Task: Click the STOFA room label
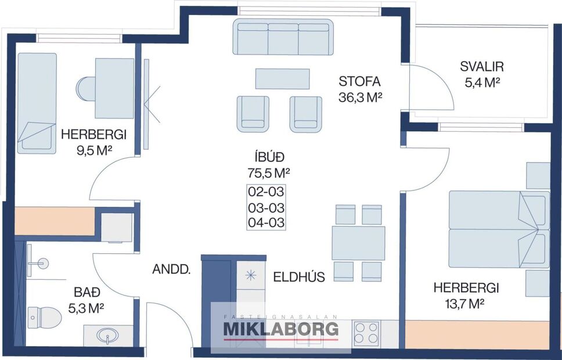pos(360,81)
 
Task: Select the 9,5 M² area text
pos(93,151)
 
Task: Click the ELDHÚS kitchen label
pos(299,277)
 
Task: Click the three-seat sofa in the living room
pos(283,37)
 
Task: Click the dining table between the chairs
pos(358,243)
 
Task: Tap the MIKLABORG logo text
pos(281,330)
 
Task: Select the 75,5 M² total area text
pos(268,172)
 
